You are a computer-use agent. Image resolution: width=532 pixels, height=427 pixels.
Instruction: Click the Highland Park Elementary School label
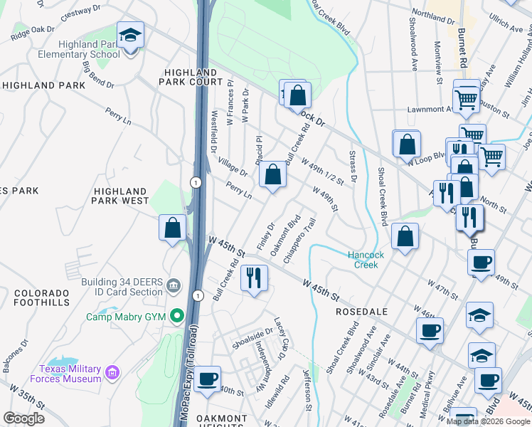[x=89, y=49]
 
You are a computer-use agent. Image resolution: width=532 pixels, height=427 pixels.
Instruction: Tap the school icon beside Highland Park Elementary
[x=131, y=36]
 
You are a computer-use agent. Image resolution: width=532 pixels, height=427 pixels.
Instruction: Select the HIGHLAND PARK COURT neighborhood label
[x=190, y=78]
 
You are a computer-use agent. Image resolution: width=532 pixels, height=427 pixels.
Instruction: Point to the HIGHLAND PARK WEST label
[x=121, y=196]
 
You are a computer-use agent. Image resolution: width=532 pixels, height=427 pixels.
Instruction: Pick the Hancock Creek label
[x=366, y=260]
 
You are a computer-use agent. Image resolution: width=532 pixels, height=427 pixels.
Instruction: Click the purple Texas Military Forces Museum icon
[x=112, y=373]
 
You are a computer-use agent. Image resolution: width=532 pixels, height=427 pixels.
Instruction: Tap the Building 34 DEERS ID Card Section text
[x=122, y=287]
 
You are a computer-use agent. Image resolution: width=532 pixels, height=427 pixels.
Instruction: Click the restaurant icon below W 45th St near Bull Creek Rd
[x=253, y=278]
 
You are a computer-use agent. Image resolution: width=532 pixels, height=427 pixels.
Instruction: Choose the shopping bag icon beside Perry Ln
[x=272, y=174]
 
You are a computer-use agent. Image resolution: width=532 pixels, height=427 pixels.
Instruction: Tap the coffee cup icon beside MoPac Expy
[x=207, y=379]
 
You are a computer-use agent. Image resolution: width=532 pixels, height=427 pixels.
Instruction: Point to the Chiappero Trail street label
[x=299, y=241]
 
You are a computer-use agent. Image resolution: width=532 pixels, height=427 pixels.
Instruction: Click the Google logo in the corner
[x=24, y=418]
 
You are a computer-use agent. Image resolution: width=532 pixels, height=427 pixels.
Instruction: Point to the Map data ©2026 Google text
[x=488, y=421]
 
